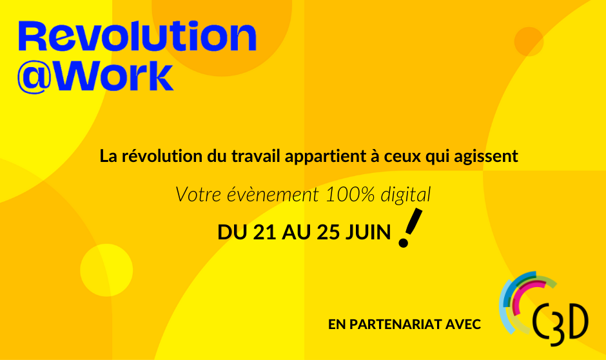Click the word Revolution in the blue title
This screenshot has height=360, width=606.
click(137, 36)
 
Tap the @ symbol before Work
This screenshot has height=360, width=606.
click(34, 77)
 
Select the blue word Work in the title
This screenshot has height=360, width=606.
click(113, 76)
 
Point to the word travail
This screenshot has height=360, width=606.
click(256, 156)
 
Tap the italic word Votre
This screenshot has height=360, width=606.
click(199, 194)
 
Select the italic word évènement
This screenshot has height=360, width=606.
click(273, 194)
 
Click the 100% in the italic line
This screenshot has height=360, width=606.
click(350, 194)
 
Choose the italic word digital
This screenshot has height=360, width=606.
click(406, 195)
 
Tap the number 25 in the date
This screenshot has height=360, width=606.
click(328, 232)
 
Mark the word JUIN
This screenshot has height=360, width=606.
click(367, 232)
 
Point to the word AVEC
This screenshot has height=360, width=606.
click(463, 325)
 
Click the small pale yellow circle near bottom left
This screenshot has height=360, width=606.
click(106, 270)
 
